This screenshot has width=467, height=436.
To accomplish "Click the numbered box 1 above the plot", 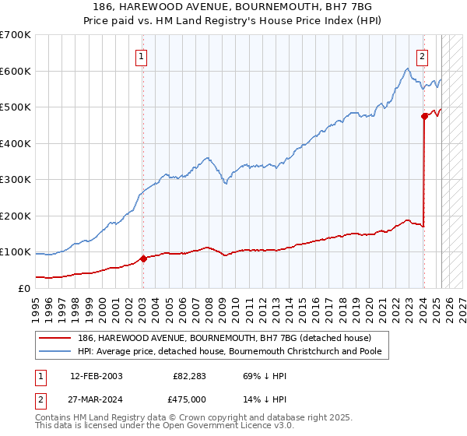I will tap(142, 55).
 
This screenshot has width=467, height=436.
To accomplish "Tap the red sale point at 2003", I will tap(143, 258).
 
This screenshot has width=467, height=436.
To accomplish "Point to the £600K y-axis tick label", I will tap(16, 71).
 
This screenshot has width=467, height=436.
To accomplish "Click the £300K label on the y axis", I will tap(16, 180).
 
